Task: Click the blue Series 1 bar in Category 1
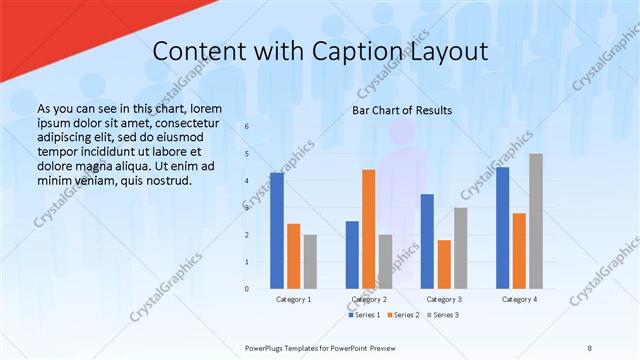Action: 277,231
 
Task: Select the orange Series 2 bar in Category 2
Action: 369,229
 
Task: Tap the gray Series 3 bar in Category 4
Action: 536,221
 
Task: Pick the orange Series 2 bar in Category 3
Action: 444,264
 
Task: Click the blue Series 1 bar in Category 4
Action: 502,228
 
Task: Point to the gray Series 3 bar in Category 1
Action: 311,262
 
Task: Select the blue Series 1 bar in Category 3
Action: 427,241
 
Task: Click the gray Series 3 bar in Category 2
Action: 386,262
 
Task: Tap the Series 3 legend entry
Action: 442,314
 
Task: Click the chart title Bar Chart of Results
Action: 402,110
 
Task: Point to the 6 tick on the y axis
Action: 247,127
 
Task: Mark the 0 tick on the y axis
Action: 247,289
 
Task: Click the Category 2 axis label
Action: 369,299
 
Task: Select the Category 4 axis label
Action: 519,299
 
